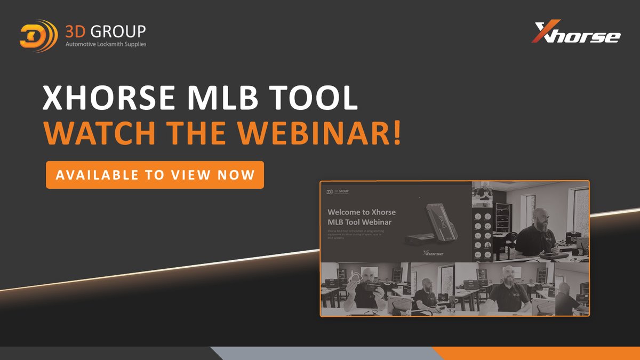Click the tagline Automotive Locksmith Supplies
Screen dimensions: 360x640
tap(106, 44)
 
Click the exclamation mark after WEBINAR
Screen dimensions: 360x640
tap(396, 134)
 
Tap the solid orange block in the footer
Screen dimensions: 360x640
tap(533, 353)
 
